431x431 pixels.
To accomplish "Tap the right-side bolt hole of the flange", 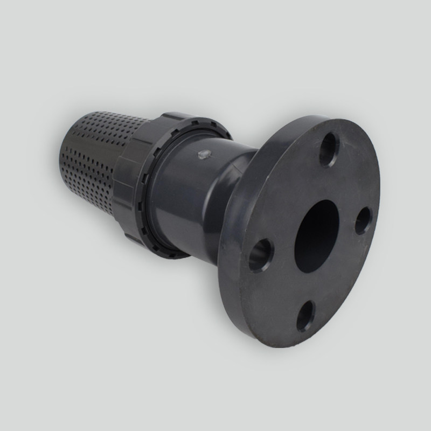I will tap(363, 221).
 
